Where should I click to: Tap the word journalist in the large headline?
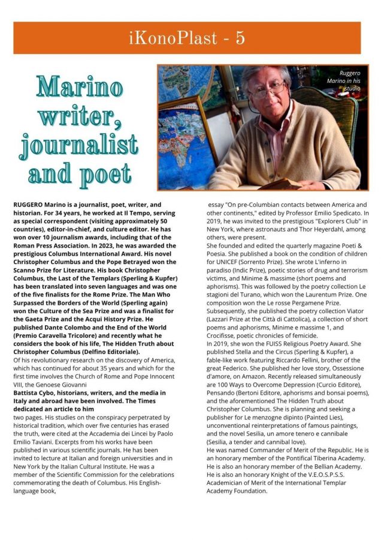click(78, 145)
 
